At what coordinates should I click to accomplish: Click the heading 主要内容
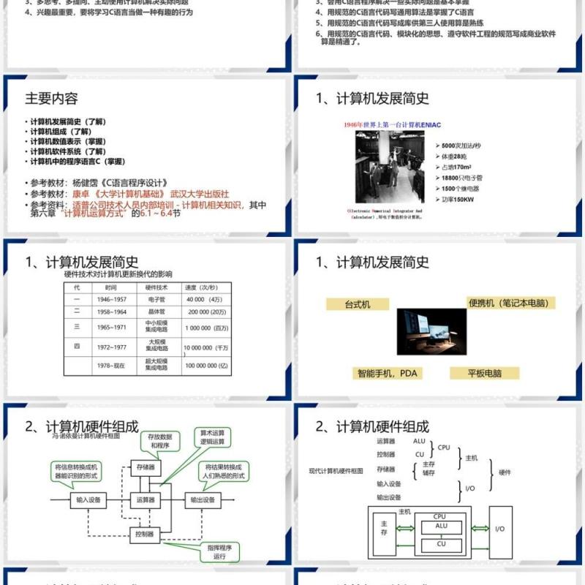(x=51, y=99)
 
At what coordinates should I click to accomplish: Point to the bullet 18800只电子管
(x=463, y=178)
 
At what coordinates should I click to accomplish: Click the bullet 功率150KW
(x=458, y=200)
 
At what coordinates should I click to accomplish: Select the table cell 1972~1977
(x=110, y=347)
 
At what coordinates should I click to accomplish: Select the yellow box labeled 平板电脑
(x=485, y=373)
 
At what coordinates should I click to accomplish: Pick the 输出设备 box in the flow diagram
(x=203, y=500)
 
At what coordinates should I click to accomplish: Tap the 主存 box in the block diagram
(x=384, y=529)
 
